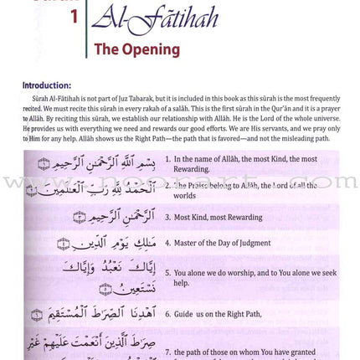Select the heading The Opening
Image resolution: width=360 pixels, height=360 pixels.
(x=136, y=49)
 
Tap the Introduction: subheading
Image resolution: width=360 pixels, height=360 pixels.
(x=47, y=85)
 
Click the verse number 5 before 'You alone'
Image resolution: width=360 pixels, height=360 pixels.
(x=167, y=273)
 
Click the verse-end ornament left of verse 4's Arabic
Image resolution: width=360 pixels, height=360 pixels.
(x=63, y=244)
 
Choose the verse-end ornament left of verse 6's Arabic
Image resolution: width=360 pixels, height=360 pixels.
(x=37, y=316)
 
